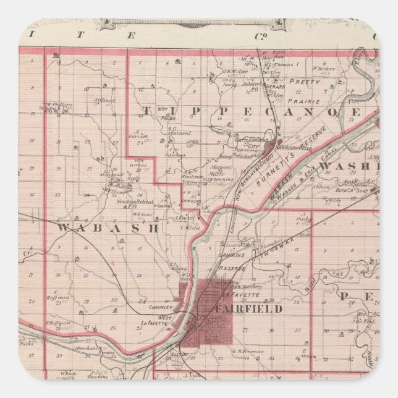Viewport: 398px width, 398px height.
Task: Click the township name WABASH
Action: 108,227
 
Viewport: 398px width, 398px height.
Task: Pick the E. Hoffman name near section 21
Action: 61,298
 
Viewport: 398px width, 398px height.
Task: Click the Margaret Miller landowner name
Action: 221,169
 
